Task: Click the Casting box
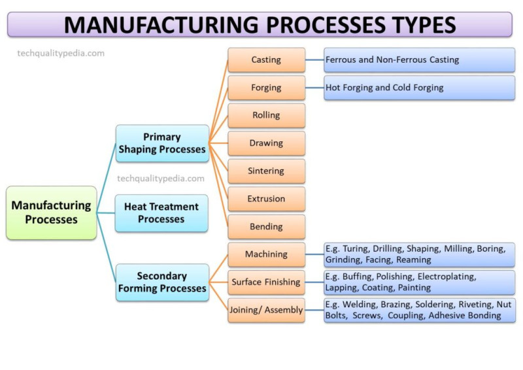tap(266, 59)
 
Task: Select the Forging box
tap(266, 88)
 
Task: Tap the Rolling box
tap(266, 115)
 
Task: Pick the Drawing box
tap(266, 143)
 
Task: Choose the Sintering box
tap(266, 171)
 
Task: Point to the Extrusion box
tap(266, 199)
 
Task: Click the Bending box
tap(266, 227)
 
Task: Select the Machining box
tap(266, 254)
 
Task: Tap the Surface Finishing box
tap(266, 282)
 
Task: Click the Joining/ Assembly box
tap(266, 310)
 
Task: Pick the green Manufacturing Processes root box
tap(52, 212)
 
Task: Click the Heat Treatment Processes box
tap(161, 213)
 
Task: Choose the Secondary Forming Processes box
tap(162, 282)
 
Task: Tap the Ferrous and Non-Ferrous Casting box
tap(419, 59)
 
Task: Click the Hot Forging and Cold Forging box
tap(419, 88)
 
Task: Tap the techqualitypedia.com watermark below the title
tap(61, 54)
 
